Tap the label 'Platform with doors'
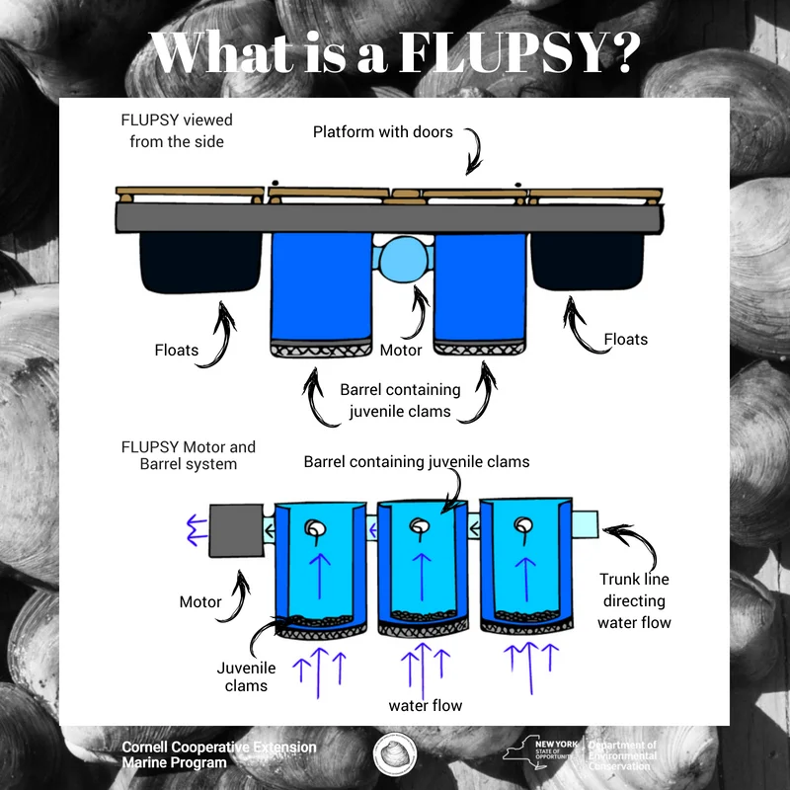382,131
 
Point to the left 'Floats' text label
176,350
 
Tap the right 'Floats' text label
626,339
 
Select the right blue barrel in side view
481,288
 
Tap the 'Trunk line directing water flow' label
634,600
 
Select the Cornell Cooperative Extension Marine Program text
218,754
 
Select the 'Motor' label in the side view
401,350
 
